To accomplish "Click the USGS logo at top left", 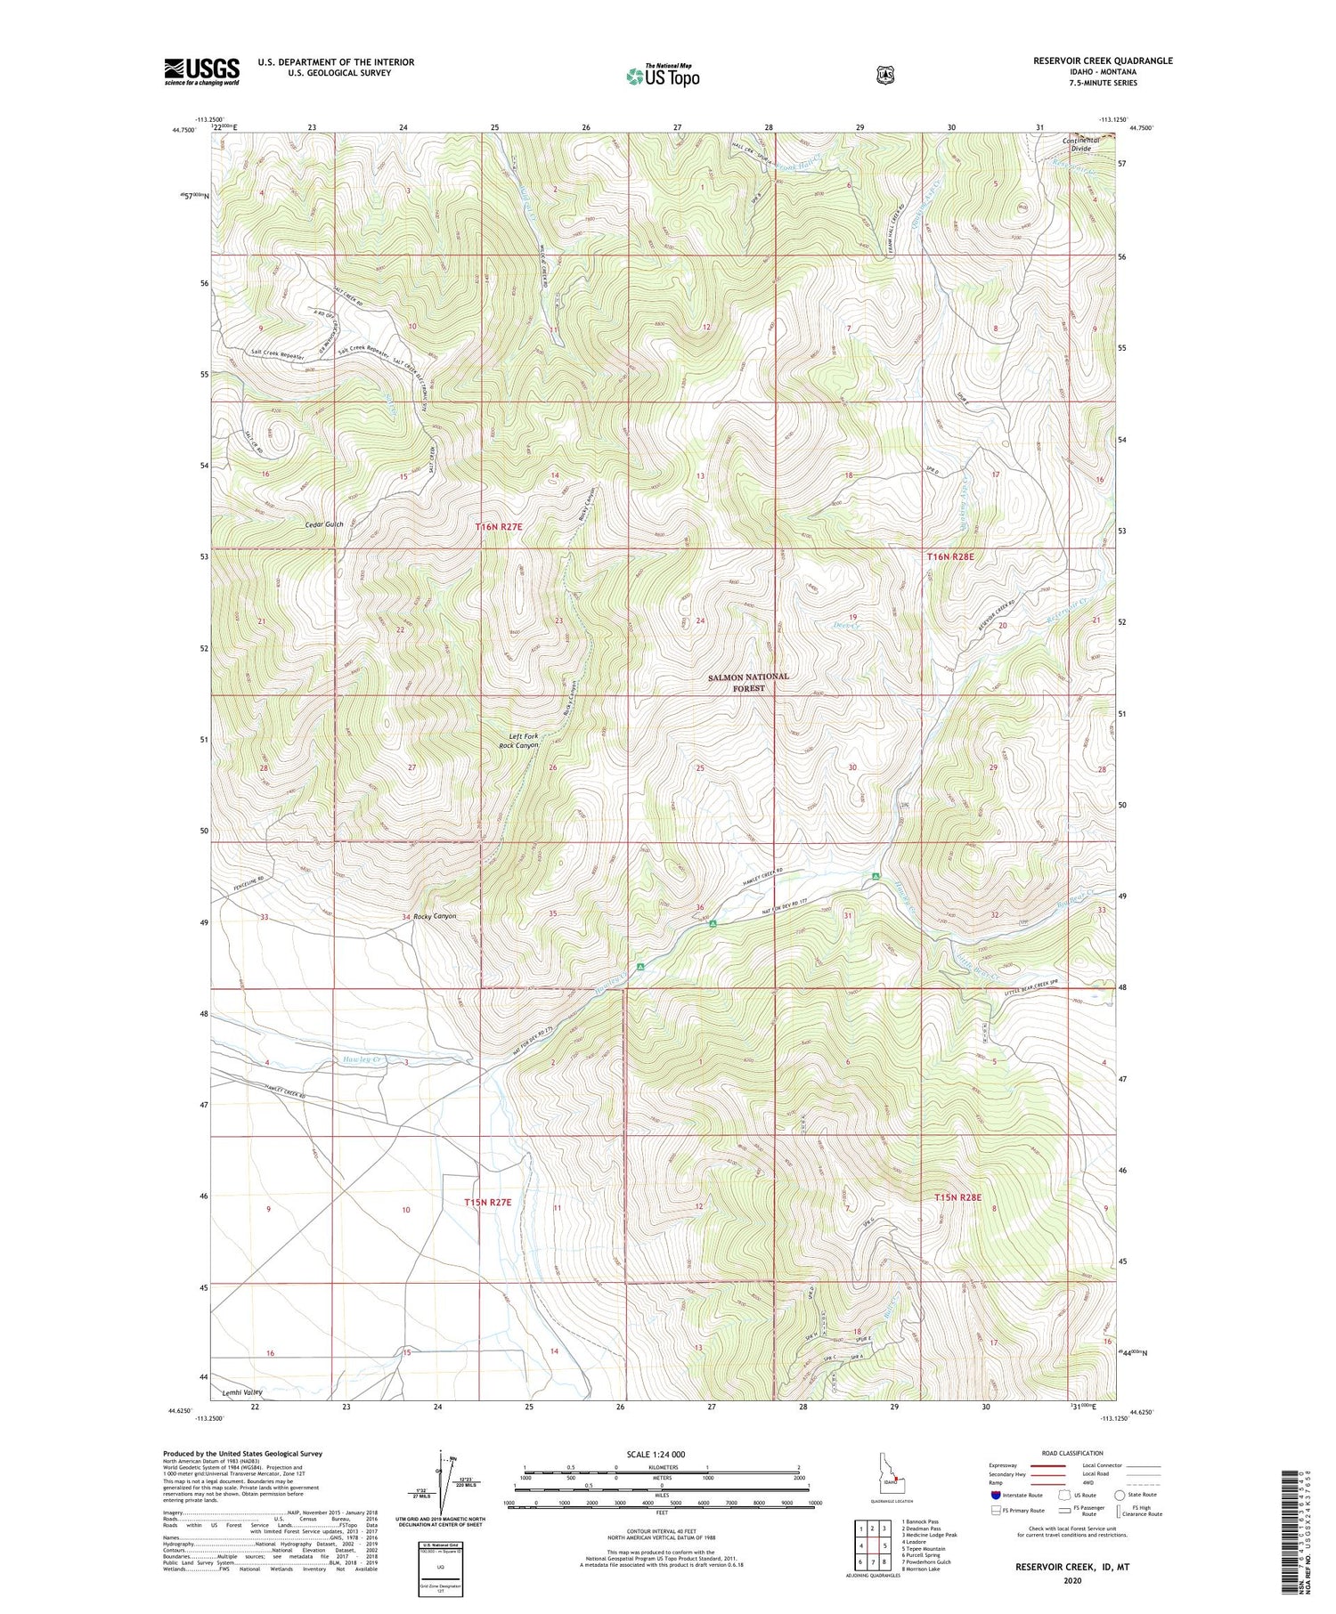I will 201,71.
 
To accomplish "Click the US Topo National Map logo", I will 663,75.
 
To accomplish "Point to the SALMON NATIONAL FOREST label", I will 748,682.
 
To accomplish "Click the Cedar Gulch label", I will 323,524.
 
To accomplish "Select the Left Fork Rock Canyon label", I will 518,741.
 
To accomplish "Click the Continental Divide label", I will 1081,144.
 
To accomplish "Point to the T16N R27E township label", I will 499,527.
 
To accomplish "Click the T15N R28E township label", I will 957,1197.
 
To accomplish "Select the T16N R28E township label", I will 950,556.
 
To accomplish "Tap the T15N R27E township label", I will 488,1202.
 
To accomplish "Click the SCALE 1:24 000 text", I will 656,1454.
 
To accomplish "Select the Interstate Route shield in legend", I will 997,1495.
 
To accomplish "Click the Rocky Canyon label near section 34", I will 434,916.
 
